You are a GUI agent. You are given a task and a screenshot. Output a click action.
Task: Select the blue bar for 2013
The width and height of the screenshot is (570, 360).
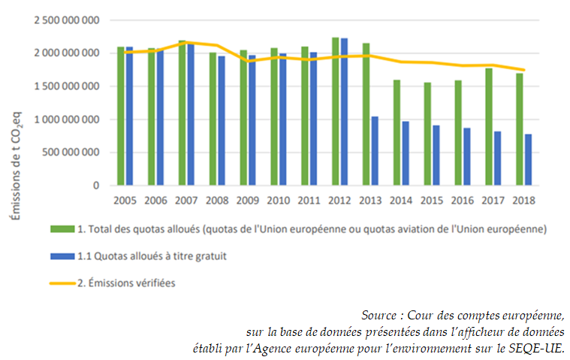click(x=374, y=150)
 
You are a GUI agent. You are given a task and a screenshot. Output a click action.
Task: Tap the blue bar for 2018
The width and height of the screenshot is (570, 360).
click(x=528, y=159)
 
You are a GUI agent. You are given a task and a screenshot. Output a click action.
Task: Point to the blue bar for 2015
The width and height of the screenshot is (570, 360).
click(x=436, y=155)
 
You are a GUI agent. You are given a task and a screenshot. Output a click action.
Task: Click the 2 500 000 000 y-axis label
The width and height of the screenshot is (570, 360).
click(x=66, y=20)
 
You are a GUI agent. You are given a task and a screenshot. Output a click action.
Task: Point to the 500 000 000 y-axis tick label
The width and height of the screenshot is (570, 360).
click(x=72, y=153)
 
